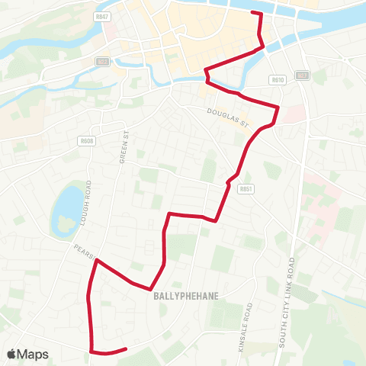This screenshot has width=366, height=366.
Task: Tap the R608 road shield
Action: (88, 141)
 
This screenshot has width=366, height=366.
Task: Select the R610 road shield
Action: (277, 79)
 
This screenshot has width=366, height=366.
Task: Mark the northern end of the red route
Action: (252, 13)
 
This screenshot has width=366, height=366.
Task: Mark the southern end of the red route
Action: (125, 349)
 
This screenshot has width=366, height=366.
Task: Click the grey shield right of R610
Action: (302, 75)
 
